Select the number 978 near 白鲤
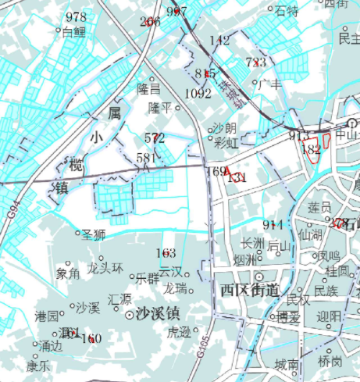coord(77,18)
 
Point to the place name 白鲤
coord(73,32)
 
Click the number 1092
coord(198,94)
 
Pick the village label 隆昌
coord(148,90)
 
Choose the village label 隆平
coord(160,107)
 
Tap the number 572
coord(155,137)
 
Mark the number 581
coord(146,158)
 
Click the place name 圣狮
coord(94,234)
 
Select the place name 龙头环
coord(105,268)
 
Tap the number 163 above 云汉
coord(166,253)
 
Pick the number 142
coord(220,41)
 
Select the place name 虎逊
coord(178,331)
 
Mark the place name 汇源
coord(120,298)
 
